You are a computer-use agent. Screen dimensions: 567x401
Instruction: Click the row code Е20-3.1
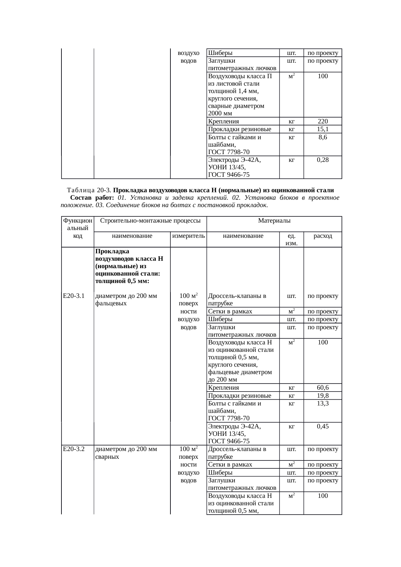(74, 296)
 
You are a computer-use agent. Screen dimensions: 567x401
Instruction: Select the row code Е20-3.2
(74, 449)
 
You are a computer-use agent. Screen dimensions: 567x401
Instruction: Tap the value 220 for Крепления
(322, 121)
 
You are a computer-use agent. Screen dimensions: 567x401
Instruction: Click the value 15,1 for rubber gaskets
(322, 129)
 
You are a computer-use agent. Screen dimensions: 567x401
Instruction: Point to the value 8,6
(322, 137)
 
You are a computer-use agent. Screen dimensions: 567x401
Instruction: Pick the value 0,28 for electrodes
(322, 160)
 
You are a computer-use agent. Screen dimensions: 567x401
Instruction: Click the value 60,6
(322, 388)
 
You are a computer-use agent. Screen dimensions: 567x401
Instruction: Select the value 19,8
(322, 396)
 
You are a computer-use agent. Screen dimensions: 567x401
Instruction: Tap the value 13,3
(322, 404)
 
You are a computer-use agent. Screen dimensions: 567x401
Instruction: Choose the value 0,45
(322, 426)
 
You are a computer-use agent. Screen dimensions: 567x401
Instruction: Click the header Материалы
(274, 221)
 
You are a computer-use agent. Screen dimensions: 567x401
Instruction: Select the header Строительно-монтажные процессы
(150, 221)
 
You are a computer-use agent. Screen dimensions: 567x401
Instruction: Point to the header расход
(323, 236)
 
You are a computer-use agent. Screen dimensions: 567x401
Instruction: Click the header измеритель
(189, 236)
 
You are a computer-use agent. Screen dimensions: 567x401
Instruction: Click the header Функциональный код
(78, 228)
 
